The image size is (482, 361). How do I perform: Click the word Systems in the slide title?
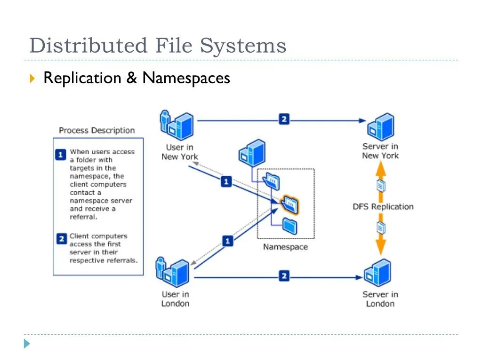(243, 46)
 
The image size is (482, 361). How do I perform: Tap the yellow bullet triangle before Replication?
(32, 78)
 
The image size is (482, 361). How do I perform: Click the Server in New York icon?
(381, 127)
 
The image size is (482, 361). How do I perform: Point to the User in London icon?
(173, 273)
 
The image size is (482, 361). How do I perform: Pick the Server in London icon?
(378, 273)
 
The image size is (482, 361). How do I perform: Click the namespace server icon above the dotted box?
(252, 153)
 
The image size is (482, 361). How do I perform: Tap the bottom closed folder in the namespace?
(289, 226)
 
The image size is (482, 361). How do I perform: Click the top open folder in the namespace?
(272, 181)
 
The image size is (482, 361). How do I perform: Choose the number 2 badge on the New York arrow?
(284, 119)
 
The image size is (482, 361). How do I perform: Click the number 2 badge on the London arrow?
(284, 276)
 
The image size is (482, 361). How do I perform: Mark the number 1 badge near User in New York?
(226, 181)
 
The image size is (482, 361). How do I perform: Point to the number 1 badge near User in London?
(227, 241)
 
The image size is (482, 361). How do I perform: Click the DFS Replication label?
(383, 207)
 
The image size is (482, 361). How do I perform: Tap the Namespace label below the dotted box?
(285, 247)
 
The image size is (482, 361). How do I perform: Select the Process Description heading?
(97, 131)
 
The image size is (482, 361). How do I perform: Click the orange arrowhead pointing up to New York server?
(381, 169)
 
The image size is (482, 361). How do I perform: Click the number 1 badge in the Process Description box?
(61, 155)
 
